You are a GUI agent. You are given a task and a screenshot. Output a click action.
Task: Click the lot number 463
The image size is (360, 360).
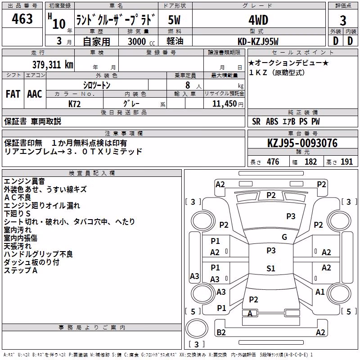coord(22,18)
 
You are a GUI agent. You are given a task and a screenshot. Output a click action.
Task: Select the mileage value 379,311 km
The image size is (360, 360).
coord(53,65)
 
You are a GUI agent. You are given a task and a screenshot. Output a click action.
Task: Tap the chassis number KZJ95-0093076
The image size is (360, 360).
coord(302,143)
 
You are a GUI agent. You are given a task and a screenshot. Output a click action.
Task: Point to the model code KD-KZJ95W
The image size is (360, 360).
coord(258,41)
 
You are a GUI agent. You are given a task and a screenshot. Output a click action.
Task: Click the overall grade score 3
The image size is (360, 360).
coord(343,21)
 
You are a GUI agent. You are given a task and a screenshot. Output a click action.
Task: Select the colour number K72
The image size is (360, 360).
coord(74,104)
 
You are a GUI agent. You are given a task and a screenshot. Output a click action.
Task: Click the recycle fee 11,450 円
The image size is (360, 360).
coord(228,104)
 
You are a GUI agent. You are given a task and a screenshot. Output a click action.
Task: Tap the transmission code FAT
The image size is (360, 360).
coord(13,94)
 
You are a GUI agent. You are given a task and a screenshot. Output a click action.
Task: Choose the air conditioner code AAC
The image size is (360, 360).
coord(35,94)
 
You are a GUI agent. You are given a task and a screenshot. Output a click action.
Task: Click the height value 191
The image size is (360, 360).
coord(346,162)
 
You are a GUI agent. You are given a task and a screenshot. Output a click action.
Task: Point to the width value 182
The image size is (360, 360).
coord(310,162)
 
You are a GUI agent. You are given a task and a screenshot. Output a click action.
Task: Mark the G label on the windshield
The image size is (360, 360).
coord(284,237)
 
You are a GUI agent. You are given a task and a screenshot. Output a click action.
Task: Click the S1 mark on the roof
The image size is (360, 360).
coord(271,268)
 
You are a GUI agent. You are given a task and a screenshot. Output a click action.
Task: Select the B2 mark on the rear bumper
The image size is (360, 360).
coord(221,332)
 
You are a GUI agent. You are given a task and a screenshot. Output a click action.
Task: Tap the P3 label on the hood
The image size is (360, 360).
coord(291,216)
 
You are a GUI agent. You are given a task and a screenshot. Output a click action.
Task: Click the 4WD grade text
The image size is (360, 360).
coord(258,20)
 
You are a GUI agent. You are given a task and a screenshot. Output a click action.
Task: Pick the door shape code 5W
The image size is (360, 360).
coord(174,20)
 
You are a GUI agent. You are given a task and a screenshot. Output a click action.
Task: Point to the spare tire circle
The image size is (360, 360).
coord(197,328)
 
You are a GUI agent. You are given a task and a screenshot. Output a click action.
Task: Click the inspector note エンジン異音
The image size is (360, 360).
coord(24,181)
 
